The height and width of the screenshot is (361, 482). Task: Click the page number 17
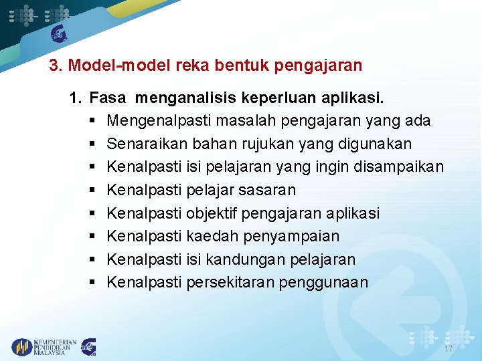[x=448, y=350]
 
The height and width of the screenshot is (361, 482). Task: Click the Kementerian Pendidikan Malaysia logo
[x=44, y=347]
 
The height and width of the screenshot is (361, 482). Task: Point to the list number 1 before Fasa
[x=74, y=99]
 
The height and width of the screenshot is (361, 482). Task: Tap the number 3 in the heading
[x=54, y=66]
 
